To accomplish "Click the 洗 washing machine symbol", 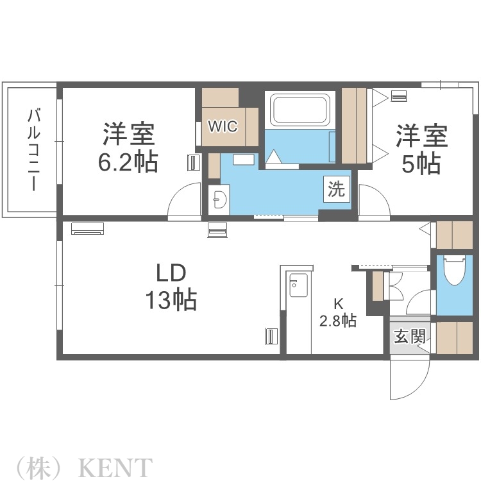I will click(x=336, y=189).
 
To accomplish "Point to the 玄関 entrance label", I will click(x=409, y=336).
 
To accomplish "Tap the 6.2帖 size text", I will click(x=128, y=162).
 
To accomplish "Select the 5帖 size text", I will click(x=421, y=164).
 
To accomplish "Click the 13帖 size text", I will click(x=171, y=299).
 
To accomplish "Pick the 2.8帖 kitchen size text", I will click(x=338, y=321).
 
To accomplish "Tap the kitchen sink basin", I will click(x=298, y=286).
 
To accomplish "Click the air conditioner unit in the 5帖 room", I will click(x=398, y=97).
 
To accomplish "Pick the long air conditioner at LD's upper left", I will click(x=87, y=228).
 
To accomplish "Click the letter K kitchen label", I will click(x=337, y=304).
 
